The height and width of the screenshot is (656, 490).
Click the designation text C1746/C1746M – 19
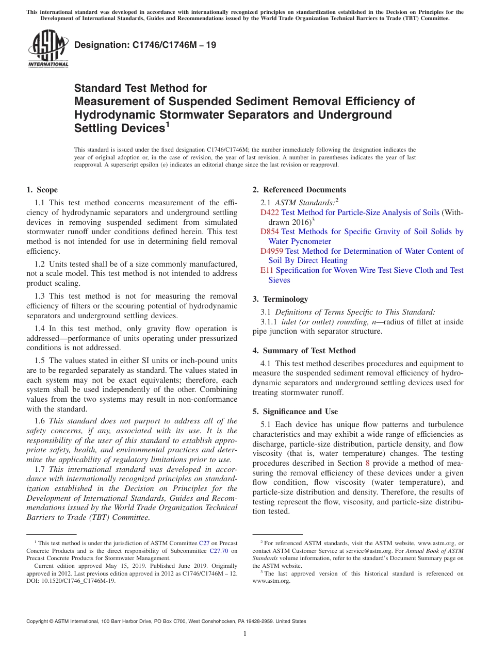pyautogui.click(x=145, y=45)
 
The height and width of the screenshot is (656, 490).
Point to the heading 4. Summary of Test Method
pyautogui.click(x=304, y=351)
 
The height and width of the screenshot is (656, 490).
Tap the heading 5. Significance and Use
pyautogui.click(x=295, y=412)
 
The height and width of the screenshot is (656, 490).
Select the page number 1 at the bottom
pyautogui.click(x=245, y=634)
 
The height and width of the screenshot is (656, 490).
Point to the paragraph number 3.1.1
pyautogui.click(x=270, y=322)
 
